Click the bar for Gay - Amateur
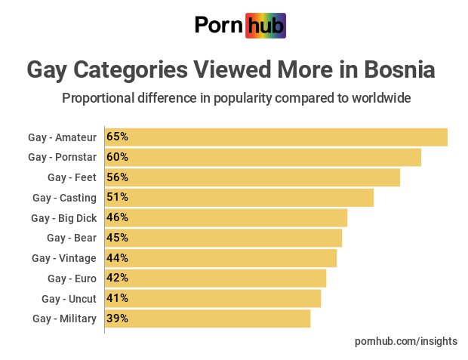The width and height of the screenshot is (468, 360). click(276, 137)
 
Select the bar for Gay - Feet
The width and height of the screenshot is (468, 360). click(252, 177)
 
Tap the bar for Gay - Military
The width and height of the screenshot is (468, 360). click(208, 318)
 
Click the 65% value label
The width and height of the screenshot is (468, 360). click(117, 137)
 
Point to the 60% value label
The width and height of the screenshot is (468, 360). click(117, 157)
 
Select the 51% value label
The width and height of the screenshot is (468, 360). click(117, 198)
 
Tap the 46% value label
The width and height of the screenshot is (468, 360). click(117, 217)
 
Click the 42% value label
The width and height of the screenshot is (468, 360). click(117, 278)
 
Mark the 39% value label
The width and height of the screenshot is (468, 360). click(117, 318)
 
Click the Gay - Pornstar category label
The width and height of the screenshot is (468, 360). click(62, 157)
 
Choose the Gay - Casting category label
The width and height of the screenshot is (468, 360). click(64, 198)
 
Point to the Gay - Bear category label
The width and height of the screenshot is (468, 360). click(71, 238)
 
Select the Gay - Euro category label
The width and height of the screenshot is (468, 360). click(72, 278)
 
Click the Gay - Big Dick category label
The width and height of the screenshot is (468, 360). click(63, 217)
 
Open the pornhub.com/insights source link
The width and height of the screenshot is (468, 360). click(405, 341)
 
